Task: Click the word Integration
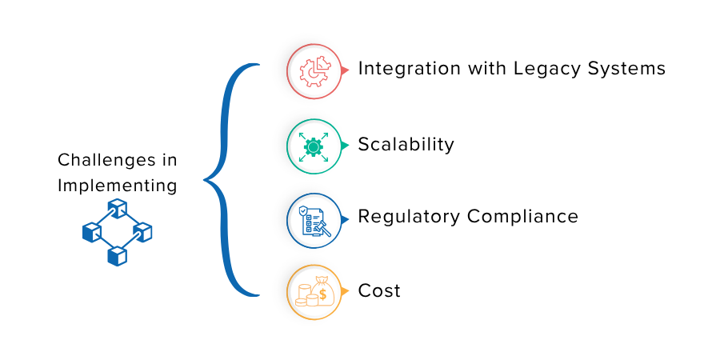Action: [410, 69]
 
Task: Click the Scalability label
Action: [406, 145]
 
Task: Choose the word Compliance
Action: [522, 216]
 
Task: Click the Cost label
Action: [379, 290]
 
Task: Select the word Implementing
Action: [117, 186]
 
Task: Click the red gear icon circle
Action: [314, 71]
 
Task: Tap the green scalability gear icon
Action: [314, 147]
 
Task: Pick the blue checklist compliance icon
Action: [314, 221]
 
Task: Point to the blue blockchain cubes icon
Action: [117, 232]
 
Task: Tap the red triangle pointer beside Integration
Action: [346, 70]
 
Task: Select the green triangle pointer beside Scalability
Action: [346, 146]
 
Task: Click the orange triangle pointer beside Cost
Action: [346, 291]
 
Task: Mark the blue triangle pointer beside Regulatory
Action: [346, 220]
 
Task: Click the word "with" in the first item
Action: [487, 69]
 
